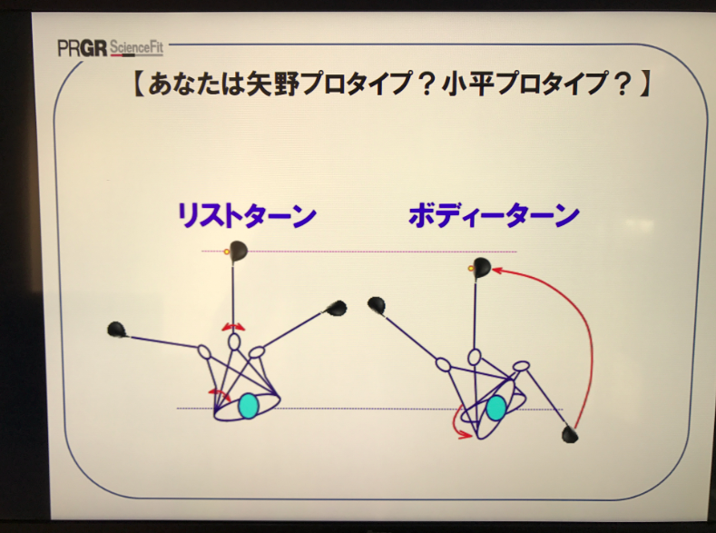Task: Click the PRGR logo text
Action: (83, 48)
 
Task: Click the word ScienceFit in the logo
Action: (136, 47)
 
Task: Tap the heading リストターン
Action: (247, 215)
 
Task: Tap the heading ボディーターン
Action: (494, 215)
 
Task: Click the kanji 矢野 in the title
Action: (272, 84)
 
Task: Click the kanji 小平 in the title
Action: (467, 84)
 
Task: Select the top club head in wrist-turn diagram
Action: (238, 251)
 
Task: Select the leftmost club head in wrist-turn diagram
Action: (116, 330)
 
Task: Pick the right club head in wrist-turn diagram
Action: (337, 309)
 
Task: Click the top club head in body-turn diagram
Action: (482, 268)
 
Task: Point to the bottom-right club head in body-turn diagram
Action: (570, 434)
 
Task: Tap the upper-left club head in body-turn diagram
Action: (377, 305)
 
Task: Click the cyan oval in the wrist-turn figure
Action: (249, 406)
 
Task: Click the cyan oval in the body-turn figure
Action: (495, 408)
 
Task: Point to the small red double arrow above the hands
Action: (233, 327)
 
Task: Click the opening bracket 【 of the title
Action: (139, 84)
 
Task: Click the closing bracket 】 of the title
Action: (644, 84)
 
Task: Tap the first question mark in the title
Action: (427, 84)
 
